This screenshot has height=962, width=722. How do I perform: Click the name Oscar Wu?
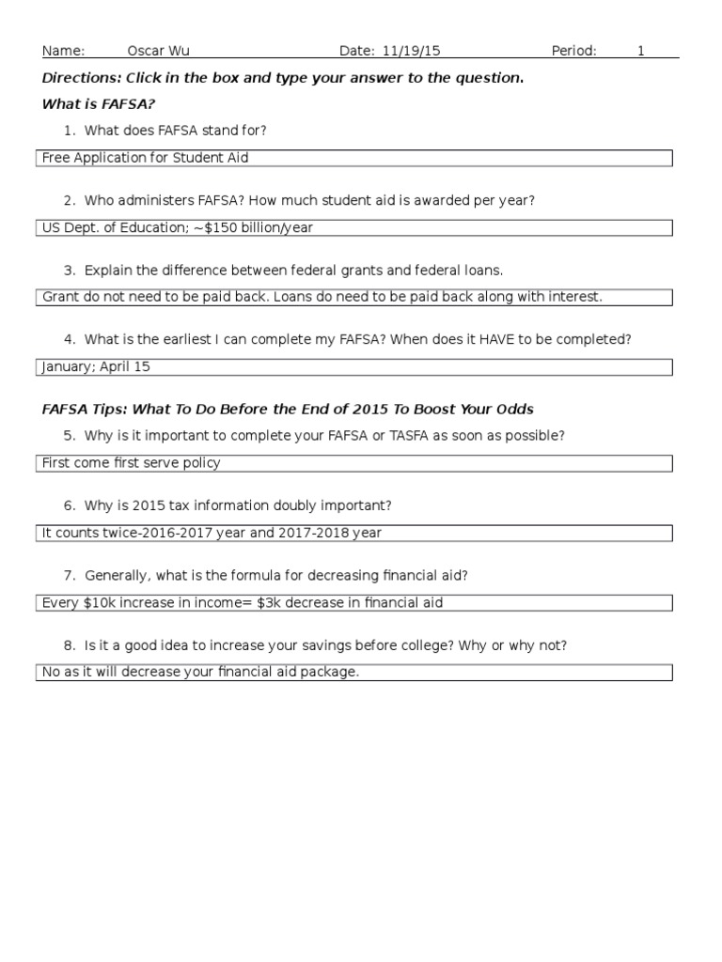pyautogui.click(x=158, y=51)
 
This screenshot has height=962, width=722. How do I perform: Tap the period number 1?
pyautogui.click(x=641, y=51)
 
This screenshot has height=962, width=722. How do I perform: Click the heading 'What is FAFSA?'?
pyautogui.click(x=99, y=103)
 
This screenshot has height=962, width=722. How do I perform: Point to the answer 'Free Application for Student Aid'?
pyautogui.click(x=146, y=158)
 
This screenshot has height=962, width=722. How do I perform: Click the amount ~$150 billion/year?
pyautogui.click(x=259, y=227)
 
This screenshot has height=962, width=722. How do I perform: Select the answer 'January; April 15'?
pyautogui.click(x=96, y=366)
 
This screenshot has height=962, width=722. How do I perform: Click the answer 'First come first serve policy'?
pyautogui.click(x=132, y=463)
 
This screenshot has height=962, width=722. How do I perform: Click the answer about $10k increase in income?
pyautogui.click(x=243, y=602)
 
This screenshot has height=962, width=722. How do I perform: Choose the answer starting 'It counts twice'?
pyautogui.click(x=212, y=533)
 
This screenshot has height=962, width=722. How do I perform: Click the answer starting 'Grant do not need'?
pyautogui.click(x=322, y=297)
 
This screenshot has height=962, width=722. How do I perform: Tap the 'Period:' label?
pyautogui.click(x=573, y=51)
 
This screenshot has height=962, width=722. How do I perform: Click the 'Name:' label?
pyautogui.click(x=64, y=51)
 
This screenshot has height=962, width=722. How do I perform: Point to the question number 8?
pyautogui.click(x=69, y=645)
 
